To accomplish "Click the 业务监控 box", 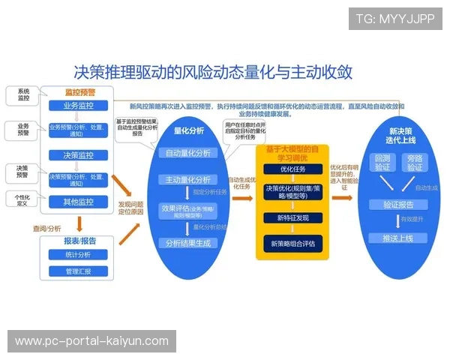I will [79, 106].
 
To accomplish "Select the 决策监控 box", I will [79, 155].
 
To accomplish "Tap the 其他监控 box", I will [79, 202].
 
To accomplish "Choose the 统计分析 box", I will [79, 255].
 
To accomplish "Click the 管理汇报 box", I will [79, 271].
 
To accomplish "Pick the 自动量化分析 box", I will [189, 153].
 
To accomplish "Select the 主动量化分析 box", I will [189, 180].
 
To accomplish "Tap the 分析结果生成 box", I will [189, 243].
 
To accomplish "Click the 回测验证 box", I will [382, 163].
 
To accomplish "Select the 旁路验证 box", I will [415, 163].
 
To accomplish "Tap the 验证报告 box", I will [399, 205].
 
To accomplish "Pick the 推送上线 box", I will [399, 238].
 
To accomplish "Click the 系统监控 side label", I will [23, 95].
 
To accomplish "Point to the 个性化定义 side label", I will [23, 200].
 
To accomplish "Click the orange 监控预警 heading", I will [79, 91].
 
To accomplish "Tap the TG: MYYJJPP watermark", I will [394, 19].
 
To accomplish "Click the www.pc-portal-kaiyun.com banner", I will [92, 340].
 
